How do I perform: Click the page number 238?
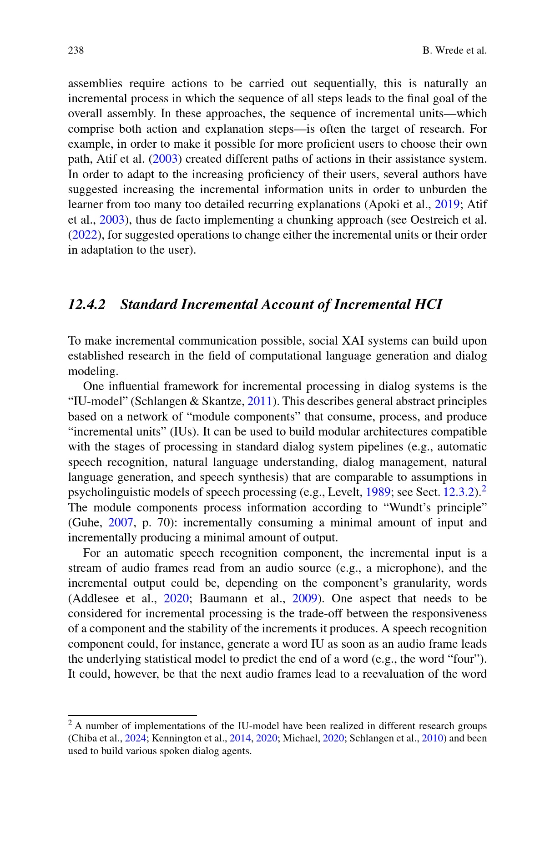[76, 50]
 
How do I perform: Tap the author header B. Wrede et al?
[454, 50]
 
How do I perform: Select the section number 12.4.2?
[86, 304]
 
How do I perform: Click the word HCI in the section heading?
[428, 304]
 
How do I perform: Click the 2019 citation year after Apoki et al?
[447, 205]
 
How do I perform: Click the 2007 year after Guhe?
[121, 523]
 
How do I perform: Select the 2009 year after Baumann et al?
[304, 599]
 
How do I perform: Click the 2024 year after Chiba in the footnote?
[135, 738]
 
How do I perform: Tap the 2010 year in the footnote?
[432, 738]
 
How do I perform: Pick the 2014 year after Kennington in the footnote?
[240, 738]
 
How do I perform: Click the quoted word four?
[469, 659]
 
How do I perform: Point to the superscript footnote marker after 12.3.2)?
[484, 489]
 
